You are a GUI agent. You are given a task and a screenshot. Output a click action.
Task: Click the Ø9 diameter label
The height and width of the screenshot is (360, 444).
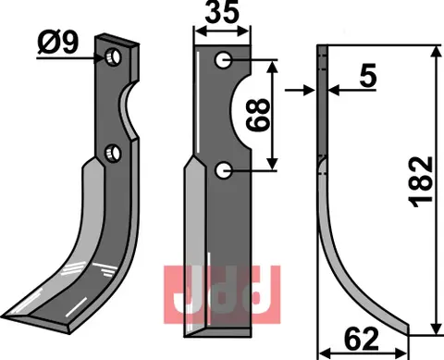pos(56,43)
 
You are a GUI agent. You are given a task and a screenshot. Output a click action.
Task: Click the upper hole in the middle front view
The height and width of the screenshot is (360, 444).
pos(222,61)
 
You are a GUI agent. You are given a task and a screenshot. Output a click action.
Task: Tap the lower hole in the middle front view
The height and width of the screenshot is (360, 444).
pos(222,170)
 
